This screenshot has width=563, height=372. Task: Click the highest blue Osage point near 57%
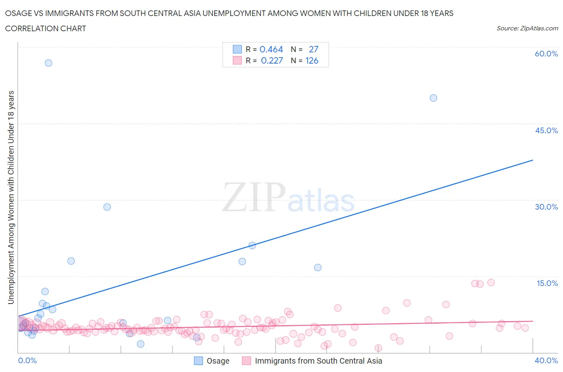coord(48,63)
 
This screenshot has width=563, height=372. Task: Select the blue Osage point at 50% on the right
coord(433,98)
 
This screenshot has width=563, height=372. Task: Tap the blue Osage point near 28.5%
coord(107,207)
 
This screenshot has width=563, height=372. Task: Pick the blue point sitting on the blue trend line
coord(252,246)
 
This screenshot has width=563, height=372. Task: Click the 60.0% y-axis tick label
coord(546,54)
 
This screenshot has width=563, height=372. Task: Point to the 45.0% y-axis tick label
coord(546,130)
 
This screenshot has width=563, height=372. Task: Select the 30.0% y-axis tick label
coord(546,207)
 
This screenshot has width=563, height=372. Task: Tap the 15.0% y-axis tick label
coord(547,283)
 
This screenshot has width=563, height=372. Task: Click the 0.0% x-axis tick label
coord(27,360)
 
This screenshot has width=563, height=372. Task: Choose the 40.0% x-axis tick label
coord(546,360)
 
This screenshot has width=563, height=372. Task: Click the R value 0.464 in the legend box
coord(271,49)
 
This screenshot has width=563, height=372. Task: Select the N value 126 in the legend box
coord(312,60)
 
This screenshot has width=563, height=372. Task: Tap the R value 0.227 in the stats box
coord(272,60)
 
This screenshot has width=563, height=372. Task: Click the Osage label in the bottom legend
coord(218,361)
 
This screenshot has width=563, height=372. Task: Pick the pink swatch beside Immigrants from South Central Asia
coord(247,361)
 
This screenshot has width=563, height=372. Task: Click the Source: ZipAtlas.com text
coord(527,28)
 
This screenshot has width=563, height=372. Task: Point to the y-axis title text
coord(11,197)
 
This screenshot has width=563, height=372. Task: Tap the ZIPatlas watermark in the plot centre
coord(288,197)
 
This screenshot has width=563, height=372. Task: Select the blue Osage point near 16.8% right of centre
coord(318,267)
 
